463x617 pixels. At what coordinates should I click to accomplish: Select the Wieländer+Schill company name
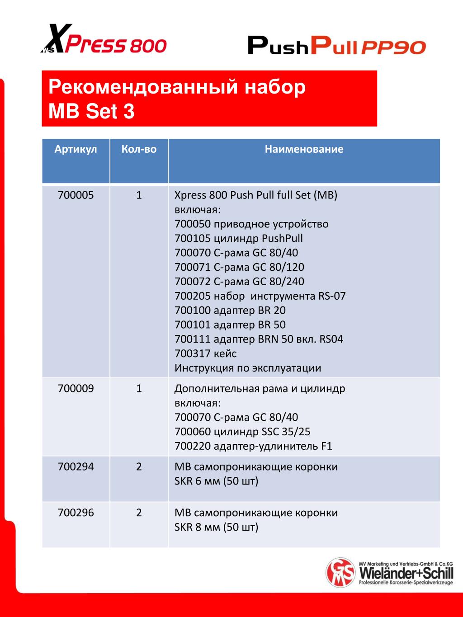(406, 574)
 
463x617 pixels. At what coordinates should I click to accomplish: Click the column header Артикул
(76, 149)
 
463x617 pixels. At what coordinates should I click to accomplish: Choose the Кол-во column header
(139, 149)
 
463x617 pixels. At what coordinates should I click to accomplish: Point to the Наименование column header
(304, 149)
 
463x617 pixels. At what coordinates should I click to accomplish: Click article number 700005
(76, 195)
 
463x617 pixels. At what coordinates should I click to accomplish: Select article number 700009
(76, 388)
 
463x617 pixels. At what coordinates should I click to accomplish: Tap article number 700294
(76, 466)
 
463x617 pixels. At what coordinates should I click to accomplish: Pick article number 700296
(76, 513)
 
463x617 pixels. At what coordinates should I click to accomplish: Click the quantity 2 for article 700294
(139, 466)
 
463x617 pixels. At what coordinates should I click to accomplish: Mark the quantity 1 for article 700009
(139, 388)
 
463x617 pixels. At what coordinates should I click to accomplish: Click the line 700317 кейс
(205, 353)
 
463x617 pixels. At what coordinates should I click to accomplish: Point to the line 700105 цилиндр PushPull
(238, 238)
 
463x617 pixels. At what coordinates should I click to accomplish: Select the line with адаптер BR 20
(230, 311)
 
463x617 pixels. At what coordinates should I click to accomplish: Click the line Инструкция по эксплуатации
(248, 368)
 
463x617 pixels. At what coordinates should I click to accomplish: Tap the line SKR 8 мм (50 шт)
(216, 527)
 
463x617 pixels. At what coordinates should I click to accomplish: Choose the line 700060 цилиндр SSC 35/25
(242, 432)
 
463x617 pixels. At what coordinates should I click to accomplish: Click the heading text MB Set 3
(91, 111)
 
